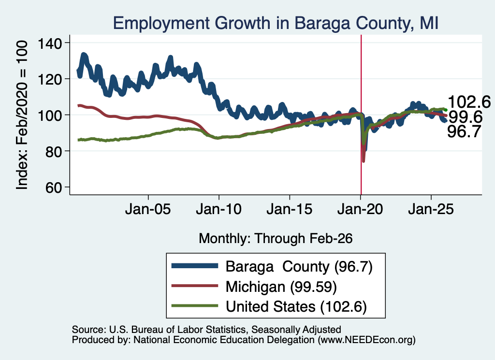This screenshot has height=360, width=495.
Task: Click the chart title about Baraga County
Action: pyautogui.click(x=276, y=23)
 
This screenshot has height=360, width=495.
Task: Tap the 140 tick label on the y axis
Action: pyautogui.click(x=50, y=43)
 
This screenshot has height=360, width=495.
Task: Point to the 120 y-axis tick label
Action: pyautogui.click(x=50, y=79)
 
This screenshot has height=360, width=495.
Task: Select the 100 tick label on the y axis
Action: pyautogui.click(x=50, y=115)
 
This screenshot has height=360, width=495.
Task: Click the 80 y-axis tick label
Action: pyautogui.click(x=54, y=151)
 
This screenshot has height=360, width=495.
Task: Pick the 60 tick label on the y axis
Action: pyautogui.click(x=54, y=187)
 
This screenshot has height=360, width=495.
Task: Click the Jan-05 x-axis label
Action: pyautogui.click(x=148, y=209)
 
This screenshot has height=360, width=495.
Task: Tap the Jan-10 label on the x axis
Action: pyautogui.click(x=219, y=209)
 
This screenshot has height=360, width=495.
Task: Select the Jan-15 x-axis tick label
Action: pyautogui.click(x=290, y=209)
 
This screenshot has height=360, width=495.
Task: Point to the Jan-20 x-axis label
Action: pyautogui.click(x=360, y=209)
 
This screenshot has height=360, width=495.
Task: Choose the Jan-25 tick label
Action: pyautogui.click(x=431, y=209)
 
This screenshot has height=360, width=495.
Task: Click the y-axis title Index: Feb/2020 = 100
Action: pyautogui.click(x=22, y=115)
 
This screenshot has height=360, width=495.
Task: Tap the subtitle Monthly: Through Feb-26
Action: pyautogui.click(x=276, y=238)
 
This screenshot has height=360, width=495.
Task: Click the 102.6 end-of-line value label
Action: pyautogui.click(x=469, y=102)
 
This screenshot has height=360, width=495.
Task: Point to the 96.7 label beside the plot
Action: pyautogui.click(x=464, y=131)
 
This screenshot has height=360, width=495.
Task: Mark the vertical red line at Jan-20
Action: pyautogui.click(x=361, y=115)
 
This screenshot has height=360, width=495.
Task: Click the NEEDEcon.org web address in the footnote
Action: pyautogui.click(x=366, y=340)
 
